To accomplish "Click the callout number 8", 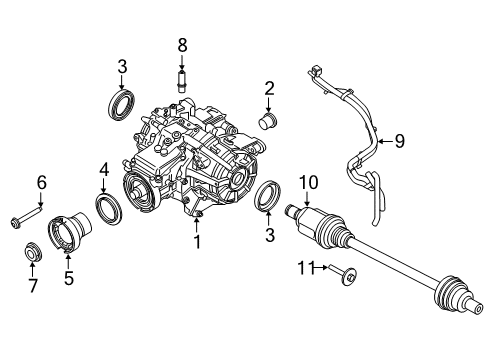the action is pyautogui.click(x=182, y=46).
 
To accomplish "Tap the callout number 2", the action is pyautogui.click(x=269, y=88).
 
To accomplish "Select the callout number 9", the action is pyautogui.click(x=399, y=141).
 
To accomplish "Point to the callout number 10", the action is pyautogui.click(x=309, y=183).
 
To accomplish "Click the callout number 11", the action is pyautogui.click(x=306, y=268).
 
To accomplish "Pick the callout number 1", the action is pyautogui.click(x=197, y=242).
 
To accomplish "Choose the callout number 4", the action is pyautogui.click(x=104, y=171).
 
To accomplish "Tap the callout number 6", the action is pyautogui.click(x=42, y=183).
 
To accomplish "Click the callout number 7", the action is pyautogui.click(x=32, y=286).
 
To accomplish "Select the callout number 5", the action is pyautogui.click(x=69, y=278).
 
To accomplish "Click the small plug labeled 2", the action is pyautogui.click(x=269, y=121).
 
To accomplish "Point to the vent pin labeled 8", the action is pyautogui.click(x=182, y=81).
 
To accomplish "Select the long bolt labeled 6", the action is pyautogui.click(x=27, y=216).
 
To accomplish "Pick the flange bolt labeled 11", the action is pyautogui.click(x=343, y=274).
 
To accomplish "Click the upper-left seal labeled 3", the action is pyautogui.click(x=122, y=105).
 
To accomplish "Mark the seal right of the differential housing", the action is pyautogui.click(x=268, y=197).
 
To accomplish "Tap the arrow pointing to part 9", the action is pyautogui.click(x=386, y=141).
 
